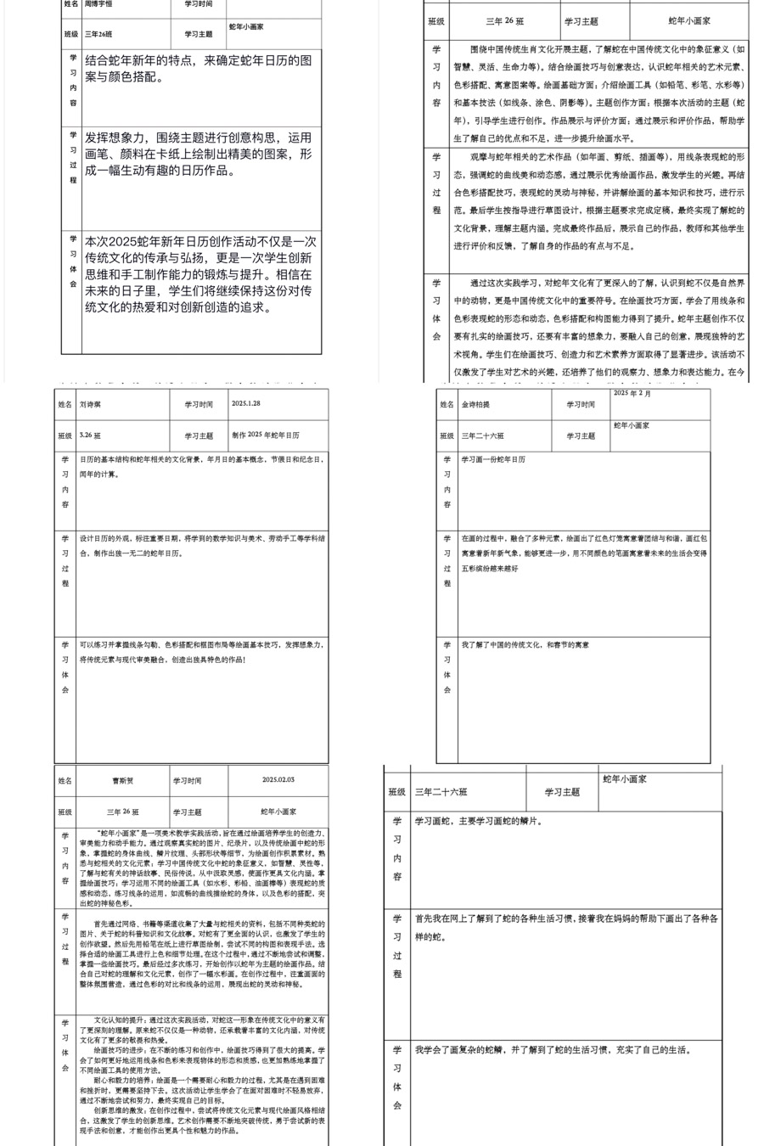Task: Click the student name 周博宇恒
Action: point(98,4)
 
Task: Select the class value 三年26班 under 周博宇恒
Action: point(98,35)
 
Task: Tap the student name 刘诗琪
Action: point(90,405)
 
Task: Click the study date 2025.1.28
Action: point(246,404)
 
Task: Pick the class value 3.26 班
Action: point(90,435)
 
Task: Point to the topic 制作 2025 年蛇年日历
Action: point(266,435)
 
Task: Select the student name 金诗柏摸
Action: point(476,405)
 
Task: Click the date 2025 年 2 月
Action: point(632,394)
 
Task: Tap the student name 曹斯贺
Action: point(123,781)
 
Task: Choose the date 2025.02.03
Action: point(278,779)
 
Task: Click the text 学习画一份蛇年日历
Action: point(493,459)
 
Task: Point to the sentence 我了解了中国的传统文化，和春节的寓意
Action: point(525,645)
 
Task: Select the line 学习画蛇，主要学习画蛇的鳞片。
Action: point(479,822)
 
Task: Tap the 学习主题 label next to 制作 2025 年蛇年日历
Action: point(199,436)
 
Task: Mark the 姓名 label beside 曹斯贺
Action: point(65,781)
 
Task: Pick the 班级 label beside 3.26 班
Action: point(65,436)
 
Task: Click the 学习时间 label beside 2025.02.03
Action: point(188,781)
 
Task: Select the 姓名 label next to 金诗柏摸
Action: point(447,405)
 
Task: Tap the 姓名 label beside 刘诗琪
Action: point(65,405)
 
